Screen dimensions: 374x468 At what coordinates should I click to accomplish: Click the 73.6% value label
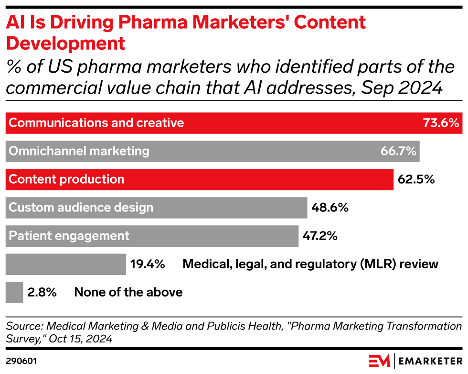click(x=441, y=123)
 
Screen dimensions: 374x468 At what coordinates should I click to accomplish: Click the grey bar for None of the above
click(x=14, y=292)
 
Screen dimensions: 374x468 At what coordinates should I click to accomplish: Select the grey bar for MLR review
click(x=66, y=264)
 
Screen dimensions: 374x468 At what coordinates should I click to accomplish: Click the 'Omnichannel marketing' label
click(x=79, y=151)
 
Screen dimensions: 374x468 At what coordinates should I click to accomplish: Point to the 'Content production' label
click(x=67, y=179)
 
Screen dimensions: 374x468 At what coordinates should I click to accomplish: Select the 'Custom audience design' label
click(x=81, y=208)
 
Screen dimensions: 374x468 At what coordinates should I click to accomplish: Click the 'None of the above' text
click(x=128, y=292)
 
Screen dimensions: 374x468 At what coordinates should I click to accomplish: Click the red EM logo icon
click(x=379, y=360)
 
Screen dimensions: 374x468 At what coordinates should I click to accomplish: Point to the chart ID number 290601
click(x=21, y=360)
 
